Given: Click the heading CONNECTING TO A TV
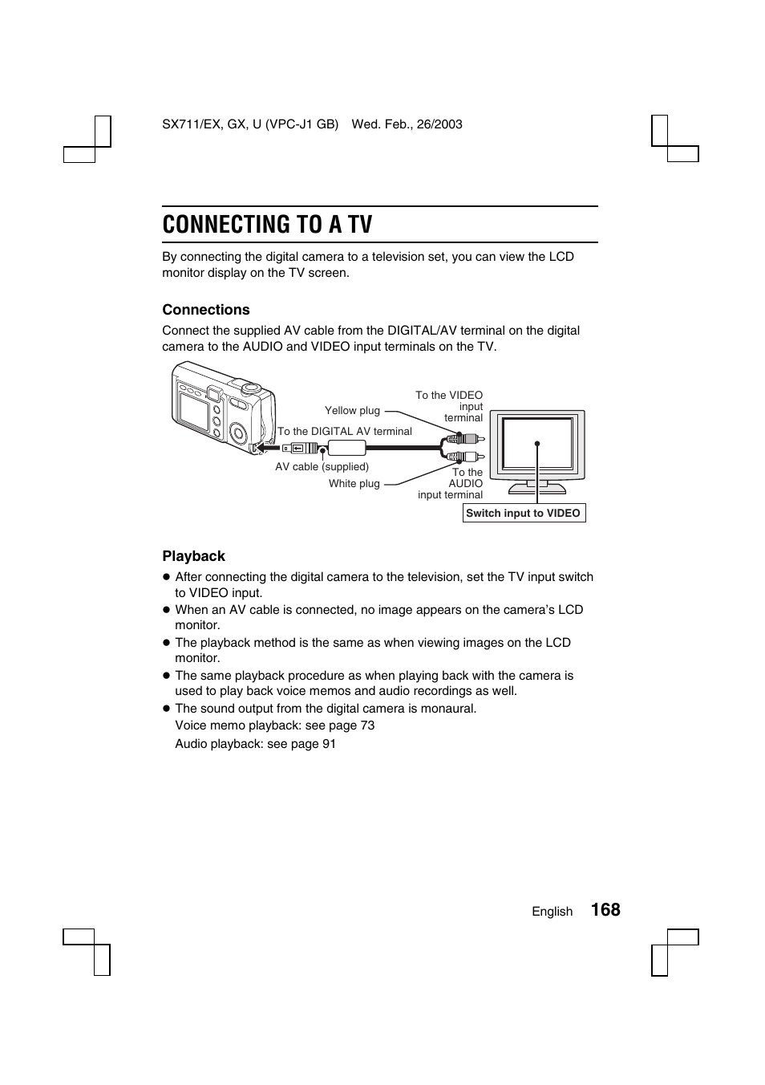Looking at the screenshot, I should pyautogui.click(x=267, y=225).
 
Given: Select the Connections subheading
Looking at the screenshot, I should pyautogui.click(x=206, y=310).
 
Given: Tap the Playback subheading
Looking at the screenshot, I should pyautogui.click(x=193, y=556).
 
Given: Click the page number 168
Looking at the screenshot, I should pyautogui.click(x=605, y=909).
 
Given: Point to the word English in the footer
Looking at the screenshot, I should pyautogui.click(x=552, y=912).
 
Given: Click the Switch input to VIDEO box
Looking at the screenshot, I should pyautogui.click(x=524, y=514).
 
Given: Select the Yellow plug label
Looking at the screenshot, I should pyautogui.click(x=352, y=411).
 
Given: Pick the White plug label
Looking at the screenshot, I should pyautogui.click(x=354, y=484).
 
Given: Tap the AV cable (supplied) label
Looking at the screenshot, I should pyautogui.click(x=322, y=467).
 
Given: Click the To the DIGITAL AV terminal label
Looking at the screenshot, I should pyautogui.click(x=345, y=432).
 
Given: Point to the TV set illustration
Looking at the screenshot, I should pyautogui.click(x=537, y=449).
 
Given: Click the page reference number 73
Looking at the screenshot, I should pyautogui.click(x=367, y=725).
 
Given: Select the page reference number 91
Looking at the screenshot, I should pyautogui.click(x=329, y=744).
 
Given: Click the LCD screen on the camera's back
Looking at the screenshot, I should pyautogui.click(x=194, y=410).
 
